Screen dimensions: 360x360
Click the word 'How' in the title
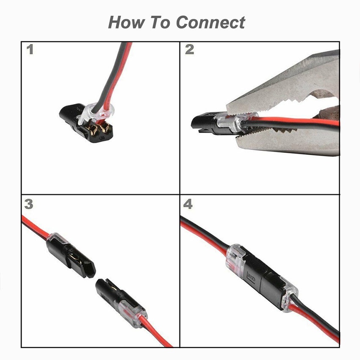coord(127,22)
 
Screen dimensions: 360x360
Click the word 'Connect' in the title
coord(211,22)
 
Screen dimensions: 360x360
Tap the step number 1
coord(30,50)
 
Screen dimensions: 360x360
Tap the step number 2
coord(189,50)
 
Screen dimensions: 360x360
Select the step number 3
coord(29,204)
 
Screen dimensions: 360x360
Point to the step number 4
coord(188,204)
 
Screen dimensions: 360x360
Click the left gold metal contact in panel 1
coord(93,130)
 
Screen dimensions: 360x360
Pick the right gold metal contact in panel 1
coord(105,128)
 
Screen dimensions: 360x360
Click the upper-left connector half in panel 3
coord(69,255)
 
